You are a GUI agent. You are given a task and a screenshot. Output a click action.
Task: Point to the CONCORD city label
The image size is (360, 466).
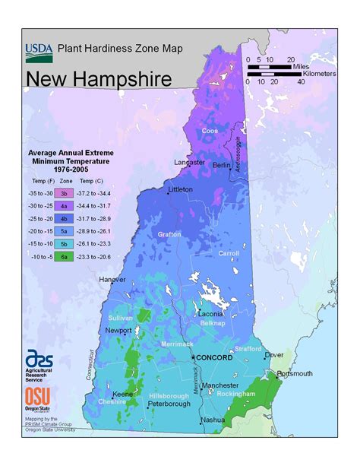[x=215, y=357]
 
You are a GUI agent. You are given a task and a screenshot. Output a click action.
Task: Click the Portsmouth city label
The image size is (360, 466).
[x=294, y=373]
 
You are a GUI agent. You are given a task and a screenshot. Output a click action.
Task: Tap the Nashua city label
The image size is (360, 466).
[x=213, y=420]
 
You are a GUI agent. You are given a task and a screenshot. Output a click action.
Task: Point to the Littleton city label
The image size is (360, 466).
[x=180, y=189]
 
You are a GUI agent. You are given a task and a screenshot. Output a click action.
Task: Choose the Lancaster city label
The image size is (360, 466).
[x=189, y=162]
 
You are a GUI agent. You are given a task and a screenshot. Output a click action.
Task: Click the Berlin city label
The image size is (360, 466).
[x=222, y=165]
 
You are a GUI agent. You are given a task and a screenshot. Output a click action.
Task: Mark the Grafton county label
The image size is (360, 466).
[x=169, y=235]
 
